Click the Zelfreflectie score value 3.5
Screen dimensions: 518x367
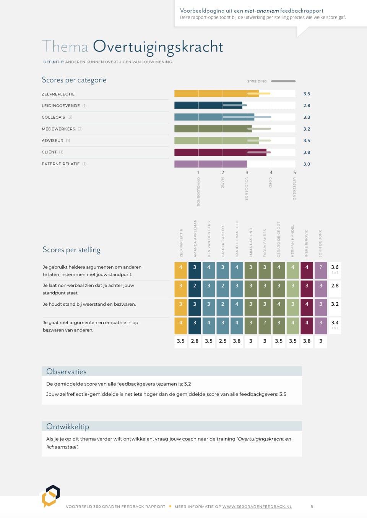[x=307, y=94]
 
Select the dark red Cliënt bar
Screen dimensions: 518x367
[x=220, y=152]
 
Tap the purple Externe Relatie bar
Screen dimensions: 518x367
[x=210, y=164]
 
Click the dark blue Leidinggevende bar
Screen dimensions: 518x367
[x=208, y=105]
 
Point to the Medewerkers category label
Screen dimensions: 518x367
[x=58, y=129]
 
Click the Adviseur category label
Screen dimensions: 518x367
[x=53, y=140]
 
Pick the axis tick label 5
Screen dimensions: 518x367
[x=294, y=173]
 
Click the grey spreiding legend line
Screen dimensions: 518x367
[x=283, y=81]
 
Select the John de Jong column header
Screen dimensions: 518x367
[x=320, y=243]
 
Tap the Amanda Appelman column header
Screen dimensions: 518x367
[x=195, y=239]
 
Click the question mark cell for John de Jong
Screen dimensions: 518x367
[x=321, y=267]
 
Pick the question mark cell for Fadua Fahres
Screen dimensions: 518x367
[x=265, y=323]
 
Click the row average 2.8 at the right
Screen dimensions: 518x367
[x=335, y=286]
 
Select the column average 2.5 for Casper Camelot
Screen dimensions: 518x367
[x=223, y=341]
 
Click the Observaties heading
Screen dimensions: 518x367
[x=67, y=371]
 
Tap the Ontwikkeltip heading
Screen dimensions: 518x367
[x=68, y=426]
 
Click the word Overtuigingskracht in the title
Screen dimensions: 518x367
[x=158, y=47]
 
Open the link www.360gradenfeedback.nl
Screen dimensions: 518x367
[x=257, y=507]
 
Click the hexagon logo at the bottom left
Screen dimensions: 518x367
[x=51, y=496]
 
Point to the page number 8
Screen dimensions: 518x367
[x=312, y=507]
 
